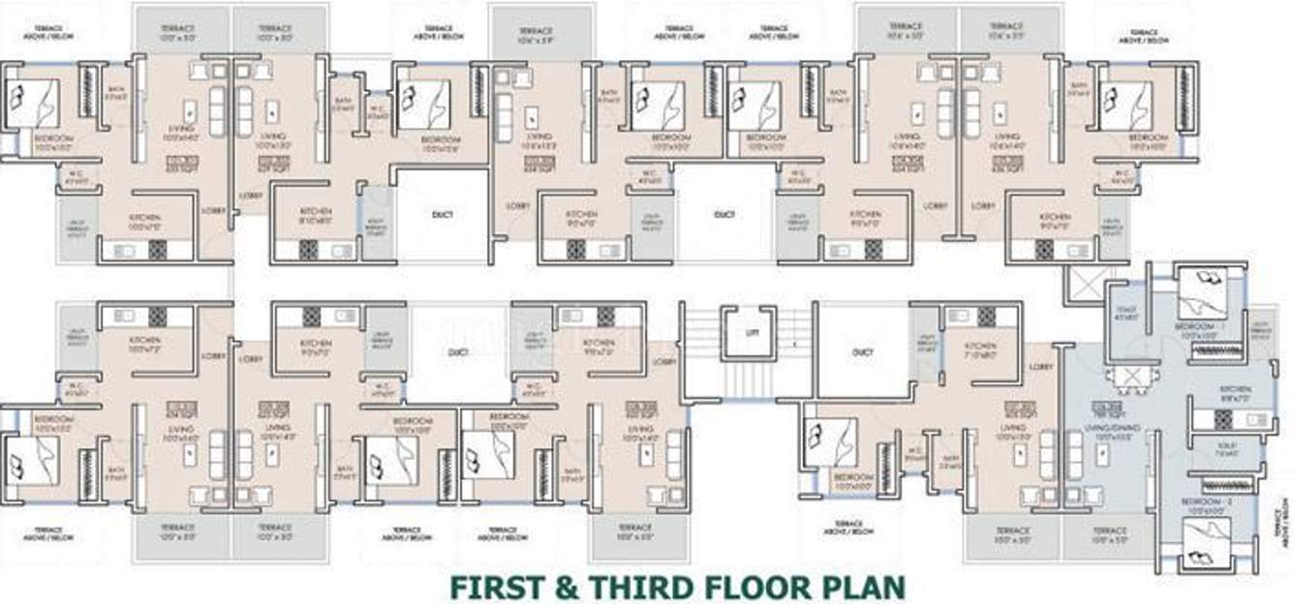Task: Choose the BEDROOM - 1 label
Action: coord(1203,327)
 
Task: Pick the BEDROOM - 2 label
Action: coord(1203,501)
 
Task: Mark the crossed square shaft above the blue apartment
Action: coord(1082,285)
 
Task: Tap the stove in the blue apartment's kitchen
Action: coord(1222,419)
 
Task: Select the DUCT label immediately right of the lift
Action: coord(862,352)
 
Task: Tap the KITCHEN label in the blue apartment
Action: coord(1235,389)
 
